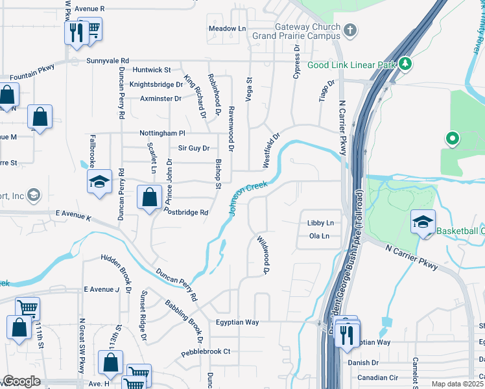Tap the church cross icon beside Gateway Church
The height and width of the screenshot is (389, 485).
[x=350, y=29]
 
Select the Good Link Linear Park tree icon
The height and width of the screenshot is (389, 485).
[x=405, y=64]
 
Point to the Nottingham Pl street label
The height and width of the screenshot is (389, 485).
[x=162, y=133]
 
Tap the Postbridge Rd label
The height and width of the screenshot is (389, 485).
[x=185, y=212]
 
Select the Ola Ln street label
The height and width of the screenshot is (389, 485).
[x=320, y=236]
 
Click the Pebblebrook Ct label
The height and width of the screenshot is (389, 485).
[x=206, y=351]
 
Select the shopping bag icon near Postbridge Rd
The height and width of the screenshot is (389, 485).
[x=150, y=197]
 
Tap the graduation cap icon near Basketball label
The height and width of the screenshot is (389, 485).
[x=423, y=223]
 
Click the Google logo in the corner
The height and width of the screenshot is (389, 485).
[x=22, y=381]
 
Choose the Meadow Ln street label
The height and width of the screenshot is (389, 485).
[x=228, y=29]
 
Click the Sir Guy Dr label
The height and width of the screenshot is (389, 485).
[x=194, y=148]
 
